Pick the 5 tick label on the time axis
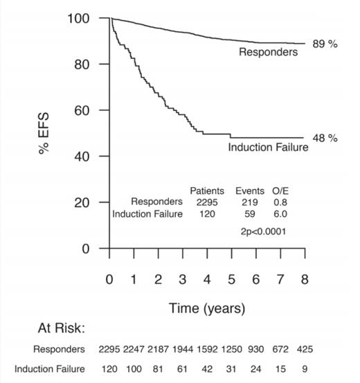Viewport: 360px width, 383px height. tap(231, 279)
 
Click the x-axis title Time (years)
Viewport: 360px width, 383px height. tap(207, 308)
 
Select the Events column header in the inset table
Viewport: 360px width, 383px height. tap(249, 190)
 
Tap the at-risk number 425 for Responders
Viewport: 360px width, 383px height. tap(305, 349)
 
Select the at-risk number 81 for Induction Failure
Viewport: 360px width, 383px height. tap(159, 369)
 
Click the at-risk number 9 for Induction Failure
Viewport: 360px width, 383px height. tap(305, 369)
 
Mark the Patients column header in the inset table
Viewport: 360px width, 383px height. tap(207, 190)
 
